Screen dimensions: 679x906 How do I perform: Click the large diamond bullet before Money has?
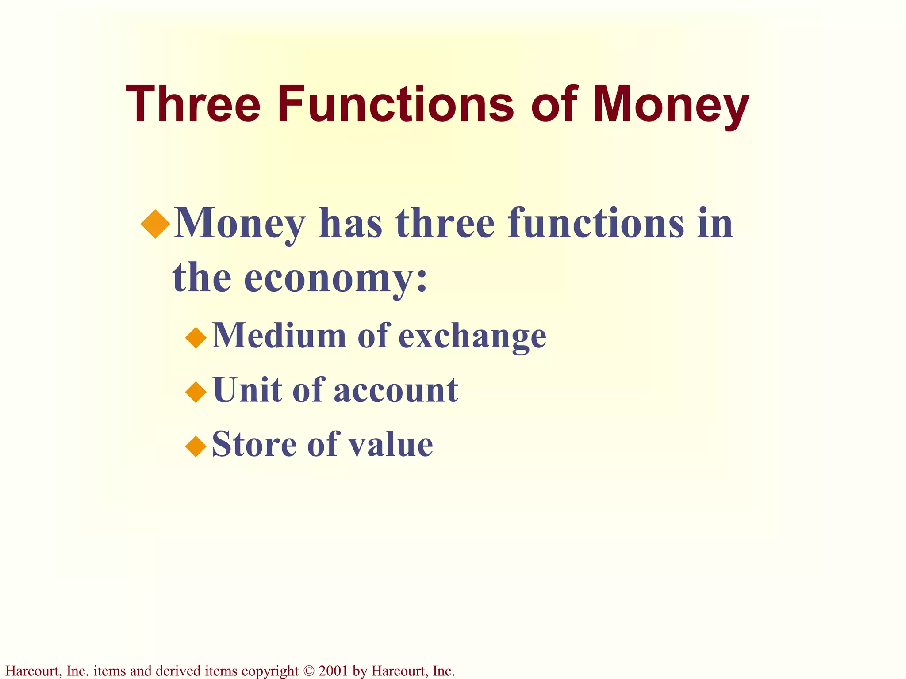point(156,224)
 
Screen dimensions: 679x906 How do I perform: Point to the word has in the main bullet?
point(350,223)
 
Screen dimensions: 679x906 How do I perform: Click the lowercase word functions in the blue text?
point(595,223)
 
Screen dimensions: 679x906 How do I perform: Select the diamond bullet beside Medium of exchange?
point(196,338)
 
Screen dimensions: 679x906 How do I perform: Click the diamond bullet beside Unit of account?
point(196,392)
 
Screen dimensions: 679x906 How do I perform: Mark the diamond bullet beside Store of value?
point(196,446)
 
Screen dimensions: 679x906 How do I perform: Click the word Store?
point(254,444)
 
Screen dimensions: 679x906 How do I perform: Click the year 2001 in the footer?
point(333,671)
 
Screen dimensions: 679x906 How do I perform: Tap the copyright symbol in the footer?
point(308,671)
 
